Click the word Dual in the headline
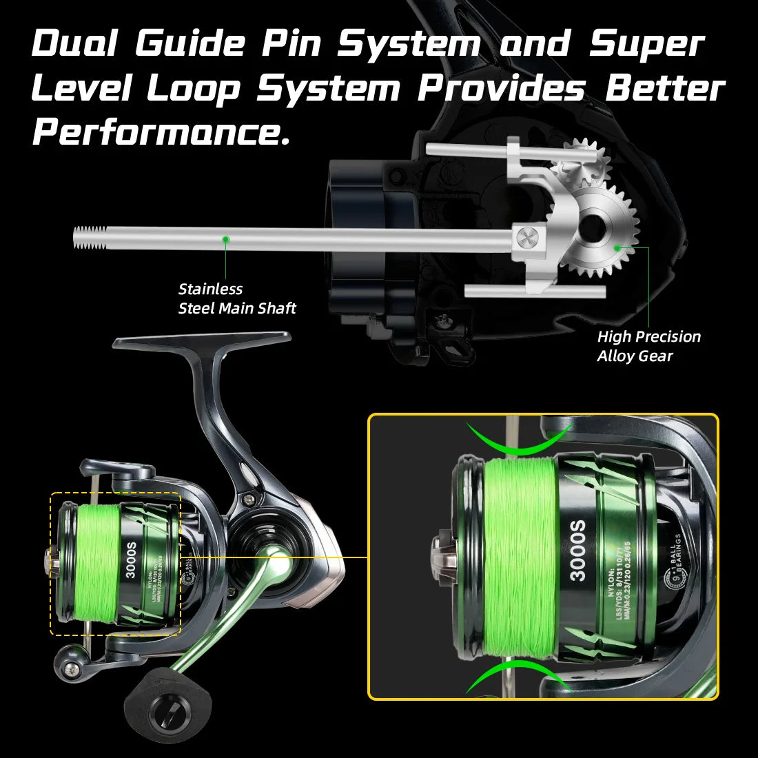pos(74,44)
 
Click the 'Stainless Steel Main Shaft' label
pos(236,298)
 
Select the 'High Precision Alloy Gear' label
pos(648,346)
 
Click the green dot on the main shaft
pos(225,239)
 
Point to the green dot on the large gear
pos(617,246)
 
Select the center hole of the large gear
pos(592,228)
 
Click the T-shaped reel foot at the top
pos(202,340)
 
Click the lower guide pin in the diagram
pos(535,292)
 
